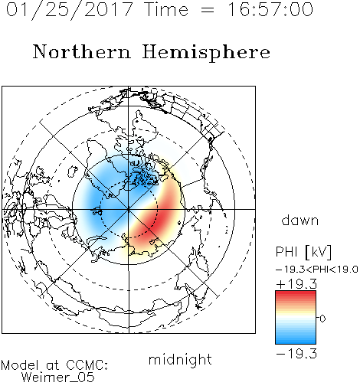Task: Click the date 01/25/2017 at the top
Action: point(69,10)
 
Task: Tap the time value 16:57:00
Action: point(270,9)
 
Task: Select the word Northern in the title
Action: point(81,51)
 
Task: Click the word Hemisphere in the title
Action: point(206,52)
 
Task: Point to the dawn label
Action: point(300,221)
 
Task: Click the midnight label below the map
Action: point(180,360)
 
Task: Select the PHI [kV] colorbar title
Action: point(303,252)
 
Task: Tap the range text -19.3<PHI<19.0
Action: point(317,270)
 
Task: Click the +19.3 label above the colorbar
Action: point(296,284)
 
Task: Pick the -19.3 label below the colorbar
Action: point(296,354)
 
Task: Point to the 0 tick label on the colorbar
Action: point(322,319)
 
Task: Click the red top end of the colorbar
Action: point(296,294)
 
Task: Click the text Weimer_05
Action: point(58,378)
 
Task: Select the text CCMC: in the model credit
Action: point(87,365)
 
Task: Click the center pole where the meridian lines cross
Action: point(129,209)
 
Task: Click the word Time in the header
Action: point(166,9)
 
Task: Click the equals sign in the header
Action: point(208,10)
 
